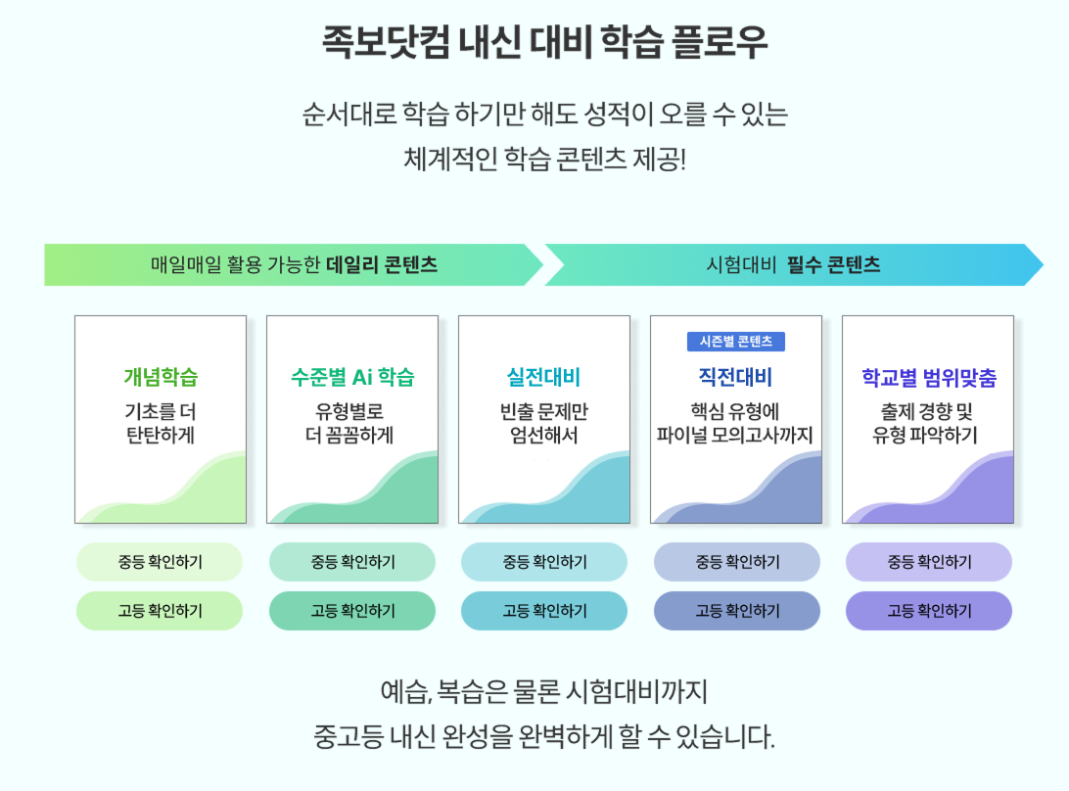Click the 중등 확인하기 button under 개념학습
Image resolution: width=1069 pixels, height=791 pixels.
pos(160,562)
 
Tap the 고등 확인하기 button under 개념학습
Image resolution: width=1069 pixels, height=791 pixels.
pos(160,611)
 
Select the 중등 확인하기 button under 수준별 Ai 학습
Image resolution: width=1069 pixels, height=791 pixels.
pos(352,562)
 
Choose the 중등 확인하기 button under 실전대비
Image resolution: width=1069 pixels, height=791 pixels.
pos(544,562)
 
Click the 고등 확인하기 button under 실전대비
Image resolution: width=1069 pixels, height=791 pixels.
pos(544,611)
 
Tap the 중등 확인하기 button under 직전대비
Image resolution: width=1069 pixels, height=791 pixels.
pos(737,562)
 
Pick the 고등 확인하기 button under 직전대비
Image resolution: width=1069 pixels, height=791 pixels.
pos(737,611)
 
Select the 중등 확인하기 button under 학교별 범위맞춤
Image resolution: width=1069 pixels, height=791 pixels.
pos(929,562)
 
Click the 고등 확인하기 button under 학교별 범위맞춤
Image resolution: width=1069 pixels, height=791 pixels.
pos(929,611)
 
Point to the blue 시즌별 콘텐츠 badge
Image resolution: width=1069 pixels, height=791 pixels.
pos(736,342)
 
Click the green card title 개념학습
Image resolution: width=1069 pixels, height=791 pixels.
pos(161,378)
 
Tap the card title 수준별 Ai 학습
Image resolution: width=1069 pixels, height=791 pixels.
pos(352,378)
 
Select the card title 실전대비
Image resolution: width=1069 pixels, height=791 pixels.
pos(544,378)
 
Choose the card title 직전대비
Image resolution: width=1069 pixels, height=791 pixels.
pos(736,378)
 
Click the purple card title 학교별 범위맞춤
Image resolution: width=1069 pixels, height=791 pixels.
pos(929,378)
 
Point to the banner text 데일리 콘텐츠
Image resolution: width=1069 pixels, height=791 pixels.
pos(382,264)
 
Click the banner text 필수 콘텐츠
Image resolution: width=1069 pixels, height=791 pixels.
pos(833,264)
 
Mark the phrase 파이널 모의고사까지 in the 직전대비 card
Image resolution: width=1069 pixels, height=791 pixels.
pos(736,435)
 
